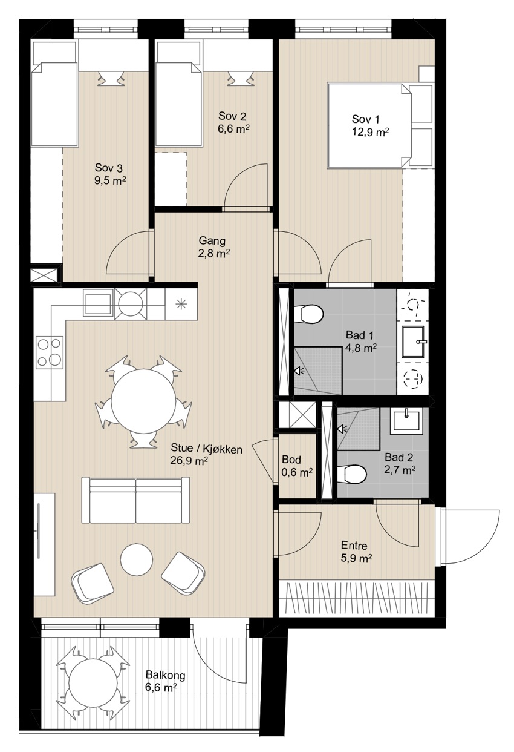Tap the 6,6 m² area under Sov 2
click(233, 129)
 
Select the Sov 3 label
click(109, 168)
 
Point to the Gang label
click(212, 241)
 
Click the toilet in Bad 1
click(308, 314)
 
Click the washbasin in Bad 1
click(413, 342)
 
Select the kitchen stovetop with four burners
click(50, 352)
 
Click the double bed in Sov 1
click(369, 125)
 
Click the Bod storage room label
click(291, 460)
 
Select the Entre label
click(354, 545)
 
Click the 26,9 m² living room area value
click(189, 460)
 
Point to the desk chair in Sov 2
click(239, 79)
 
